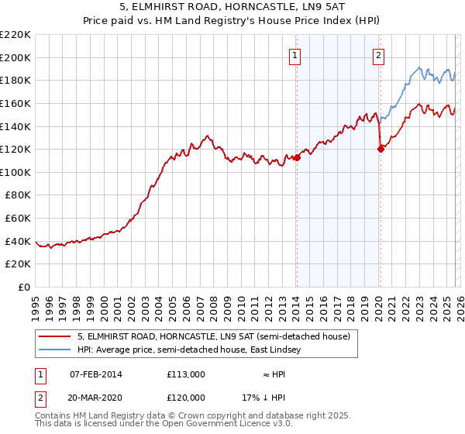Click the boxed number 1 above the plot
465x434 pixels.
point(296,55)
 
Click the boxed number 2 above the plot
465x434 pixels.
point(378,55)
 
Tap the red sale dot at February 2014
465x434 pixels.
point(297,157)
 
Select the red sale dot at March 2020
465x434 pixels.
point(381,150)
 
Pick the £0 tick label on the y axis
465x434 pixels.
point(24,288)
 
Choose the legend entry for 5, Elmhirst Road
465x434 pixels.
point(214,336)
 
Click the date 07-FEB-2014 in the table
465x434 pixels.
point(96,374)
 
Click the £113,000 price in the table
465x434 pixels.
point(186,374)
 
